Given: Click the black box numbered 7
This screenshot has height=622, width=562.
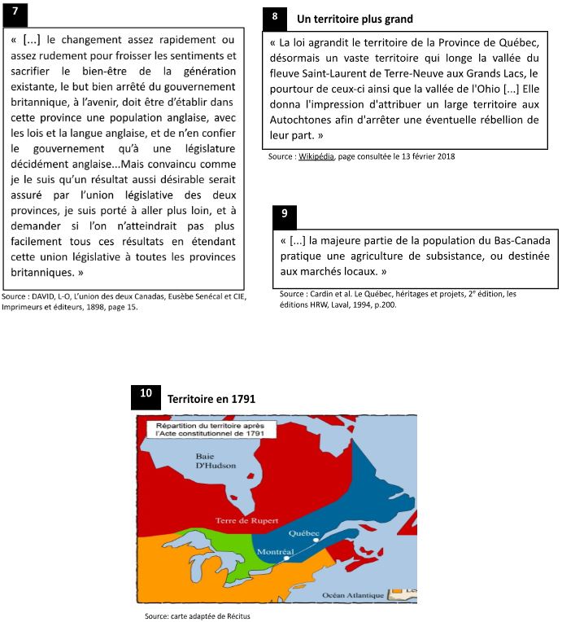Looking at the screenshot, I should [x=15, y=11].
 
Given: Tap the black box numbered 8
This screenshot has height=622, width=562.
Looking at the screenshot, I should [x=274, y=16].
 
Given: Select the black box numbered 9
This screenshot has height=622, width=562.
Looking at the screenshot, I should [x=284, y=215].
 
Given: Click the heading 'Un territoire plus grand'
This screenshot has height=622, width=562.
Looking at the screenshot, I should [x=355, y=18].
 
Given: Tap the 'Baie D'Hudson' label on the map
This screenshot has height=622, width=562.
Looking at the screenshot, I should [x=216, y=461].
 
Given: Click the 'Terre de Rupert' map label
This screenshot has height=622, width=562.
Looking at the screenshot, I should [x=248, y=519].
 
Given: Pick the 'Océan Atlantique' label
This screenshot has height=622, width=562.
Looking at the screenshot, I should [x=353, y=595].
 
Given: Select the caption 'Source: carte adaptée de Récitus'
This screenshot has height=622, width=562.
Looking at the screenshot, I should [x=198, y=615].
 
